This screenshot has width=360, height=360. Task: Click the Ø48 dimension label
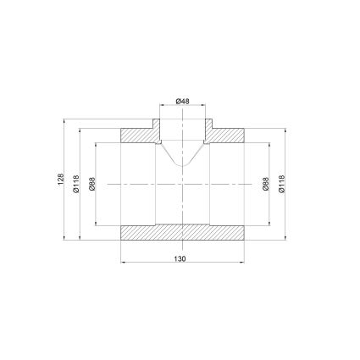click(182, 101)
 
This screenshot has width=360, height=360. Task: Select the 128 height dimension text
click(61, 180)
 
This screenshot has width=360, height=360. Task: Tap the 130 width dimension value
click(180, 258)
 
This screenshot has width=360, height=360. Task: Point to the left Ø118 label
click(76, 184)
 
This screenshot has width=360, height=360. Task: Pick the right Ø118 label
click(281, 184)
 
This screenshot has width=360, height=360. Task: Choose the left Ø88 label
click(92, 184)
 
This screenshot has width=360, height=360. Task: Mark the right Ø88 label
click(265, 184)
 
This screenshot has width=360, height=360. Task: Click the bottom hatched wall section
click(182, 233)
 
